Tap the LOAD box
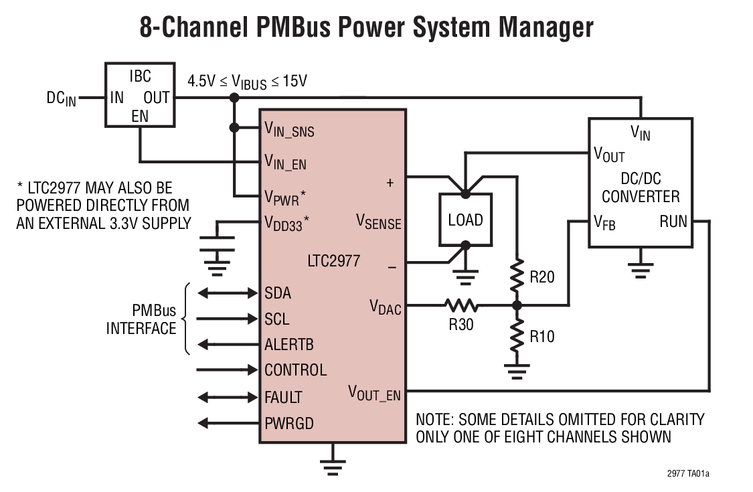(465, 220)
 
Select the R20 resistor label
(542, 276)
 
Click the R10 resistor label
(542, 337)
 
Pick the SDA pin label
(278, 293)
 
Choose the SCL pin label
(277, 319)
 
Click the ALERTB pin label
(289, 345)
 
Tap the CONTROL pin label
(295, 370)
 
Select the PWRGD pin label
(289, 423)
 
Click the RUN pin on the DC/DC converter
(673, 221)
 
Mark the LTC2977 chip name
(332, 261)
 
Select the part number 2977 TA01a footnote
(688, 474)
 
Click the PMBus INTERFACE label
(141, 319)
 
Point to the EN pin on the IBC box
(140, 116)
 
